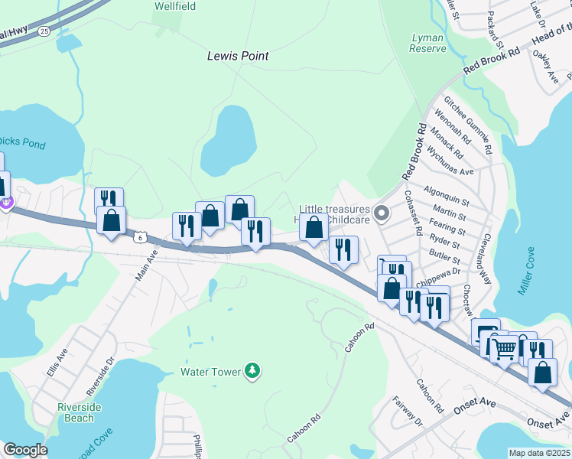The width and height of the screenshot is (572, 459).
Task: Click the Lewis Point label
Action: (238, 56)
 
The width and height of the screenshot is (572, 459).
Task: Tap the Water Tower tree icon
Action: (252, 372)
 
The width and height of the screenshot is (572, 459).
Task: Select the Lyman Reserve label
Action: (428, 43)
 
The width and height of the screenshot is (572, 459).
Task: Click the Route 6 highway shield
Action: (140, 238)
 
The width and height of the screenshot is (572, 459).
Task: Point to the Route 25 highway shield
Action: (44, 31)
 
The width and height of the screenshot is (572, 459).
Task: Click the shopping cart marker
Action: (504, 349)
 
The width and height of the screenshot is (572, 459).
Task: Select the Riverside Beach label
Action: (80, 412)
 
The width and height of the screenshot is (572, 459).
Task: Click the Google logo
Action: (25, 450)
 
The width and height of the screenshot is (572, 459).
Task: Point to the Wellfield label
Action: (175, 6)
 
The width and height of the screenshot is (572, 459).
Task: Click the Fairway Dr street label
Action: (407, 412)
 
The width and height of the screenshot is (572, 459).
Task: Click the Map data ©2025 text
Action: (540, 453)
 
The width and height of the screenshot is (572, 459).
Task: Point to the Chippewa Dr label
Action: (444, 271)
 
